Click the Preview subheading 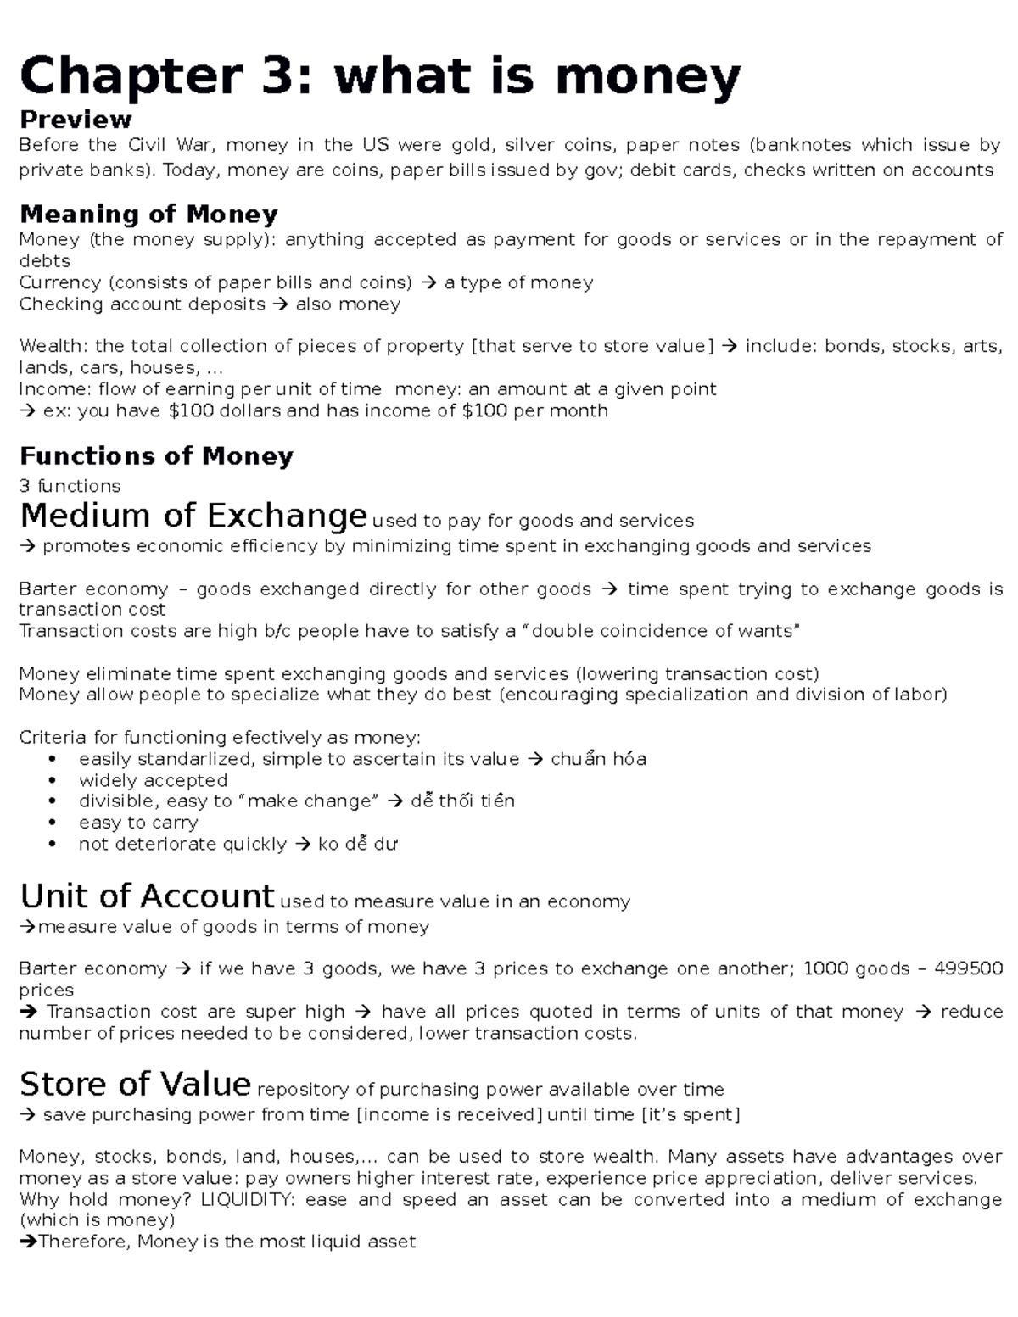76,119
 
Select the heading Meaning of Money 148,214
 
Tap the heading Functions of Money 156,456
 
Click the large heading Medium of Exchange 193,516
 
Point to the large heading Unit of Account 147,896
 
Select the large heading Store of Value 135,1085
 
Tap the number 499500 968,968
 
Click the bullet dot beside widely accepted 53,780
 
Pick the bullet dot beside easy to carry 53,823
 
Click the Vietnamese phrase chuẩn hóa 598,759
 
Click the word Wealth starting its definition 52,346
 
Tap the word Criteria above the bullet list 52,738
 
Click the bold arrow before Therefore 28,1242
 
